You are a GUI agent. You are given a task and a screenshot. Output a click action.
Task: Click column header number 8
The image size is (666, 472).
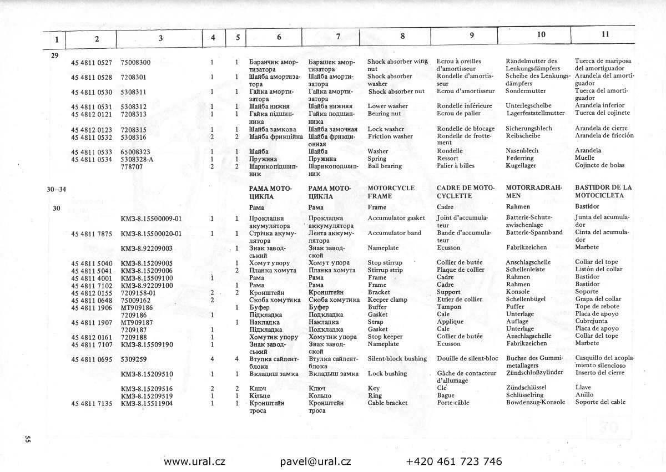pos(402,35)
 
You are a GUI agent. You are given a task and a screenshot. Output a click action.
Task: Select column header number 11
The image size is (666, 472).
pos(605,34)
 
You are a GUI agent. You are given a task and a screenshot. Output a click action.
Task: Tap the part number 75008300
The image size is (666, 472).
pos(135,62)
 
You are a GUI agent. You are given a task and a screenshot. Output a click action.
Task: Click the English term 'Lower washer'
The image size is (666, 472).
pos(387,106)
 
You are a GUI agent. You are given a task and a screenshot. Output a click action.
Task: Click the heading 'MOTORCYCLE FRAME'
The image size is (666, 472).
pos(391,192)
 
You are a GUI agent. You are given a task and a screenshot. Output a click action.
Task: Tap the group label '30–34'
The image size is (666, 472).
pos(57,189)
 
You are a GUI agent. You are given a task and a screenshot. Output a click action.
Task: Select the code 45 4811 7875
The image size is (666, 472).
pos(92,233)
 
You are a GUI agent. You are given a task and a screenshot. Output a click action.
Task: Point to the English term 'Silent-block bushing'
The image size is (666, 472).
pos(397,359)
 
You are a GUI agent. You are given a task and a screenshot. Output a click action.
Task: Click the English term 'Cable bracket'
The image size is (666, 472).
pos(387,403)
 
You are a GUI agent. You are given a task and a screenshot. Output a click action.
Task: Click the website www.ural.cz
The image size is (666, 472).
pos(194,461)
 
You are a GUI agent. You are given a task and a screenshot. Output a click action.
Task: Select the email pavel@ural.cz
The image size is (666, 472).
pos(315,461)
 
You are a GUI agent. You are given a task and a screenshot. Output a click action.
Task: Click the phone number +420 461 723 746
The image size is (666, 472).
pos(454,461)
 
